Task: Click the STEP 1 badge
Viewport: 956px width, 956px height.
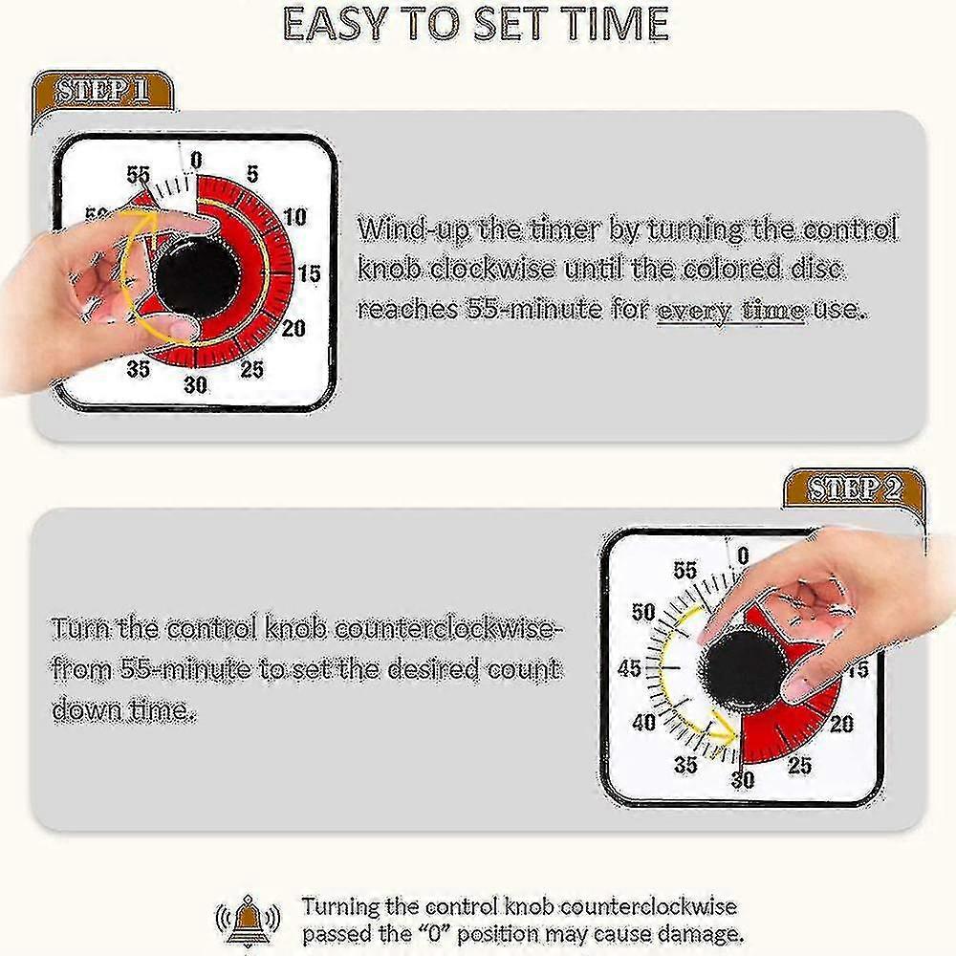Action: (103, 93)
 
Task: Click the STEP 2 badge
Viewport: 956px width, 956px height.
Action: (853, 489)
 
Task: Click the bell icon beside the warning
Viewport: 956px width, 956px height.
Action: (249, 920)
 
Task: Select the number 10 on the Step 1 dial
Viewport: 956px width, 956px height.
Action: (295, 217)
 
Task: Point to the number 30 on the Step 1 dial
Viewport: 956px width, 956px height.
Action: (195, 385)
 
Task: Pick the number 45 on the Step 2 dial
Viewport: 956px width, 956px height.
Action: (630, 669)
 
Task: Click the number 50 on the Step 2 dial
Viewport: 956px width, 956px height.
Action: (643, 612)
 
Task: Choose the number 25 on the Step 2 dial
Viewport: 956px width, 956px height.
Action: (799, 765)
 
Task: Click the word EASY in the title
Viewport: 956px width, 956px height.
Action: (336, 24)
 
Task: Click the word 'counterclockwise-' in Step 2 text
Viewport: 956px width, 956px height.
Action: (446, 629)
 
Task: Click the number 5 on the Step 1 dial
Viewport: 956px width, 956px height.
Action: (252, 174)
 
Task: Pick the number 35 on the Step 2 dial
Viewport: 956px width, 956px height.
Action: (685, 765)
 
